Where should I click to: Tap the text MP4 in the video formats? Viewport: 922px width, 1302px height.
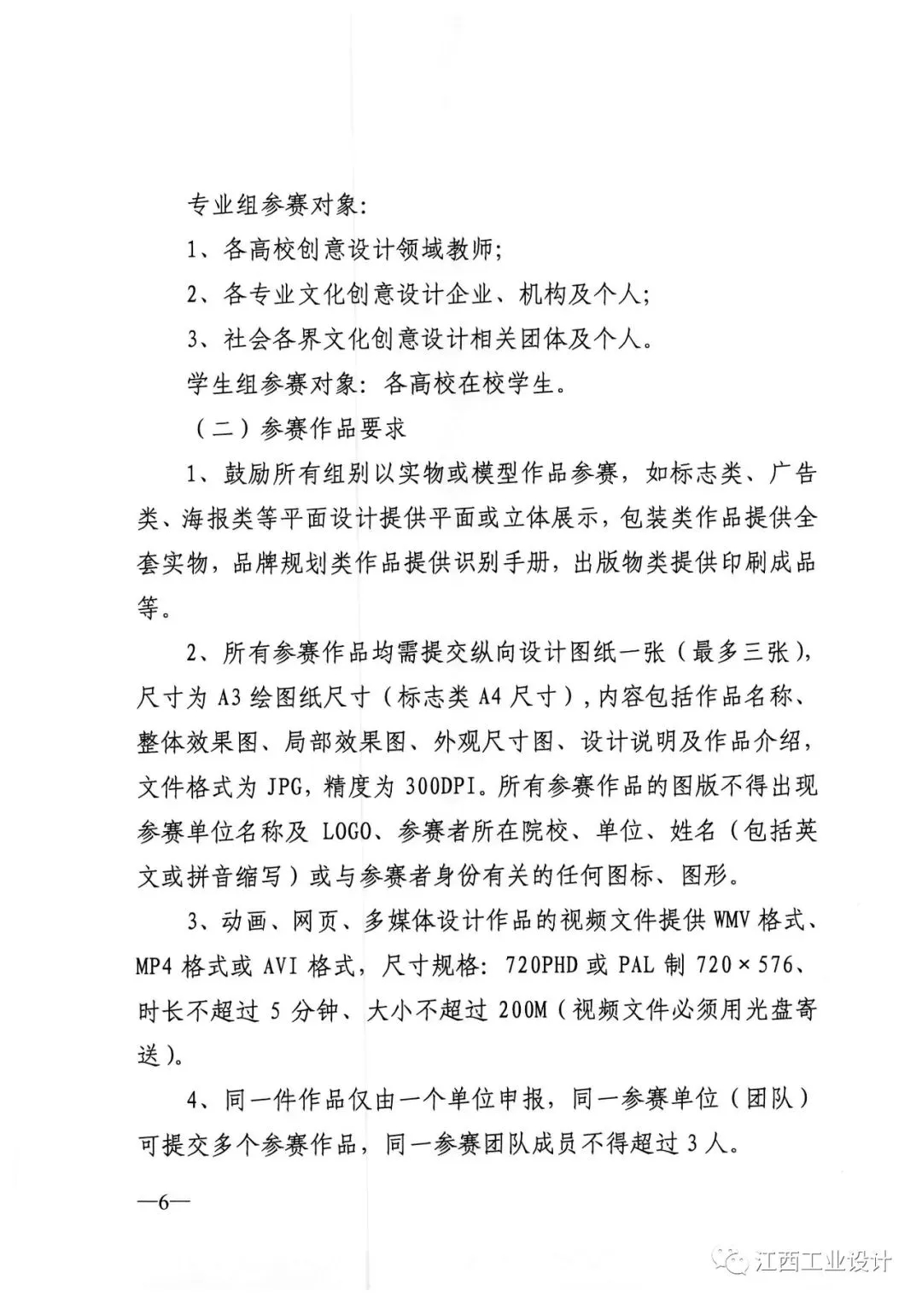tap(160, 966)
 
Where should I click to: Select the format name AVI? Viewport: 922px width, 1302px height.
tap(290, 966)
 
